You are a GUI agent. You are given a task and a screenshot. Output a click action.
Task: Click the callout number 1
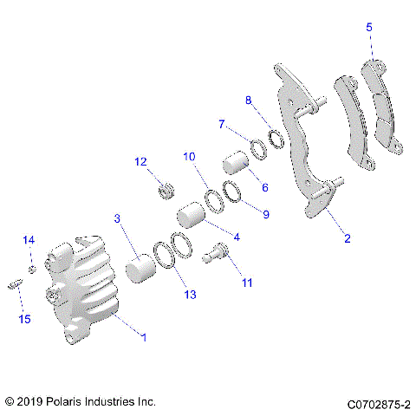[144, 336]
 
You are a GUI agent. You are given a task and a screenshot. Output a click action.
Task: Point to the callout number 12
[140, 161]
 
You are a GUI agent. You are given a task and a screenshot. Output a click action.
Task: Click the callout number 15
[24, 320]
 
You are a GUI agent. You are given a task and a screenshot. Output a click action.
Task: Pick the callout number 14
[29, 240]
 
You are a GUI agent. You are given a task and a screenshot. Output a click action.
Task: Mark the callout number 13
[189, 296]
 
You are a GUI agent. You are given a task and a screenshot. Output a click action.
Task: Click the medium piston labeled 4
[189, 216]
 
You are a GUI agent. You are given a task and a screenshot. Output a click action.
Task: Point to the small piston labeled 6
[234, 163]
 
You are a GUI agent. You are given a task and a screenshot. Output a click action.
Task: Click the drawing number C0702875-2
[378, 403]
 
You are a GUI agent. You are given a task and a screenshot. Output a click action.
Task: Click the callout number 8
[250, 100]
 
